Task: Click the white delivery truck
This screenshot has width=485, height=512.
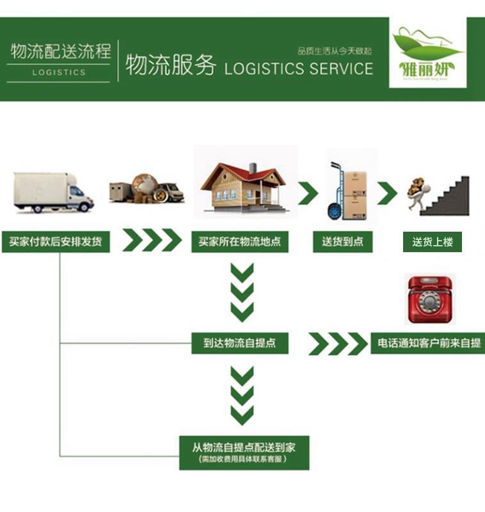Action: [x=54, y=191]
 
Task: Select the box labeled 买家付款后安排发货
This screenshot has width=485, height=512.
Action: [x=55, y=242]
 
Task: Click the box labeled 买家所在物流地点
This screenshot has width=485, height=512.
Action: [x=240, y=242]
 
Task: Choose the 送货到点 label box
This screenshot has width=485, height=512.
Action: [x=343, y=242]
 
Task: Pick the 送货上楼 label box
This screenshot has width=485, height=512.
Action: [x=433, y=242]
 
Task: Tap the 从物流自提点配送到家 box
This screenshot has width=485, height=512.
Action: [x=244, y=452]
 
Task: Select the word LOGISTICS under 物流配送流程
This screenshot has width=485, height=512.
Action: [x=59, y=72]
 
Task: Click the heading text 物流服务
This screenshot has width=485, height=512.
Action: [x=170, y=66]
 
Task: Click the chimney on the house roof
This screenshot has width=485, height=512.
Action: [x=252, y=168]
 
